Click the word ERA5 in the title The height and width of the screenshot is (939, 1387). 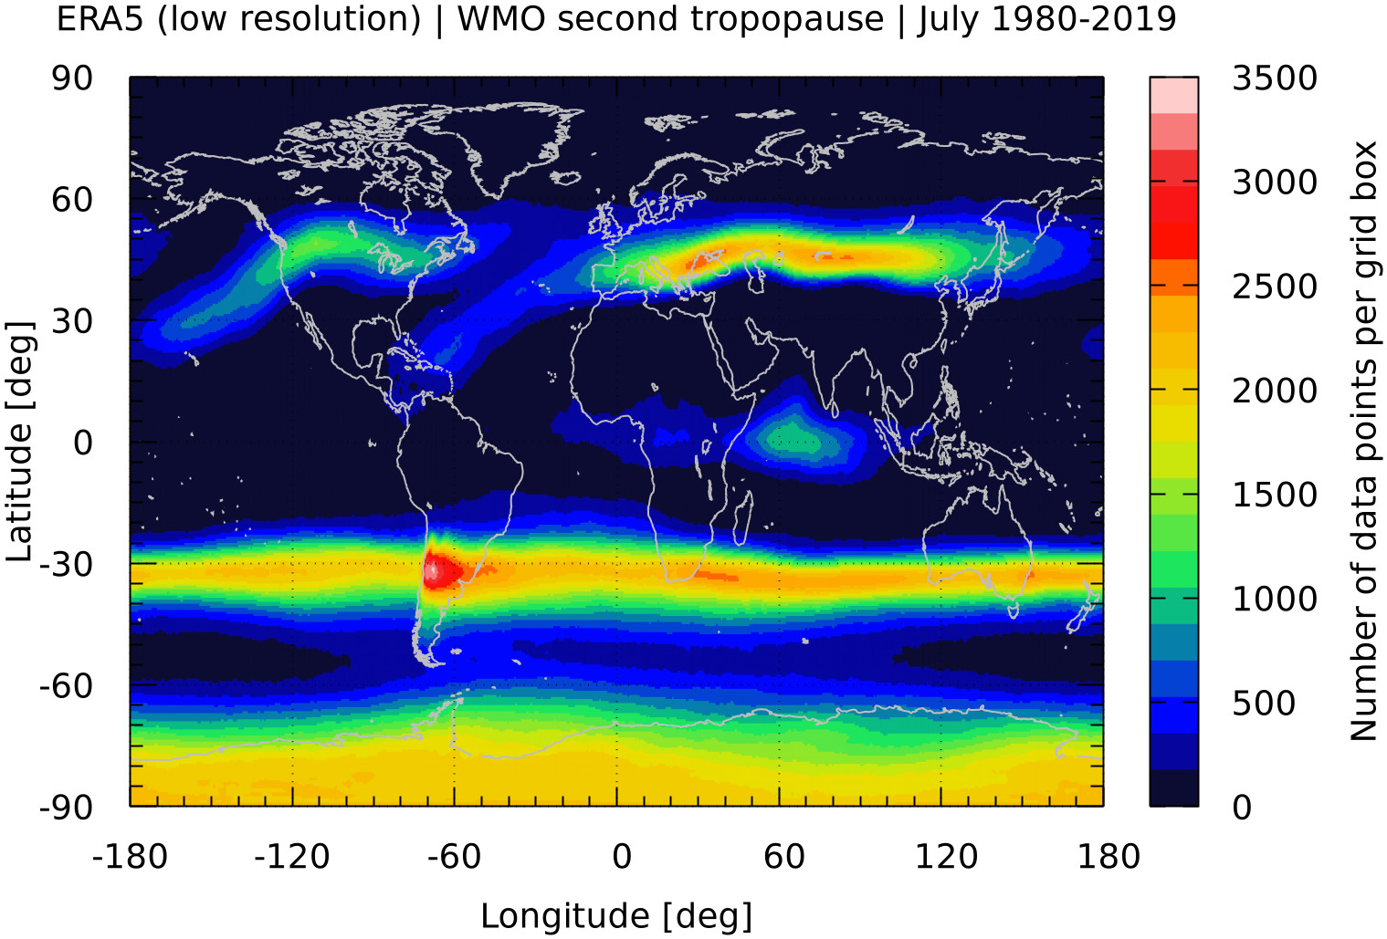(x=100, y=18)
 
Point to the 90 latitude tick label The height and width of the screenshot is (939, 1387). (x=72, y=78)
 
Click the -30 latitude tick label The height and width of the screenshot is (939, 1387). (x=66, y=565)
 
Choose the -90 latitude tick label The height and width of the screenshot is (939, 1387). (x=66, y=808)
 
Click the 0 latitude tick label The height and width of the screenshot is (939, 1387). (x=83, y=443)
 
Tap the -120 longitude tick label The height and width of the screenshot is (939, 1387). (x=291, y=857)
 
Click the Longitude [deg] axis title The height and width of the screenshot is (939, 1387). (x=616, y=916)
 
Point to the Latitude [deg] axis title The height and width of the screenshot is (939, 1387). (x=20, y=442)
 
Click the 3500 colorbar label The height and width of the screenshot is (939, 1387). (x=1275, y=78)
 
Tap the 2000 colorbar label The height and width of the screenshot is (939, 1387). (x=1275, y=391)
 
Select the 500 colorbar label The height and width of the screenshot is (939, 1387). (x=1264, y=704)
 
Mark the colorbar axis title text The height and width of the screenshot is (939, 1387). (x=1364, y=441)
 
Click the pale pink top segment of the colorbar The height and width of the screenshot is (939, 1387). (x=1174, y=95)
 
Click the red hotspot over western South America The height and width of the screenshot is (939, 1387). (x=441, y=570)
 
